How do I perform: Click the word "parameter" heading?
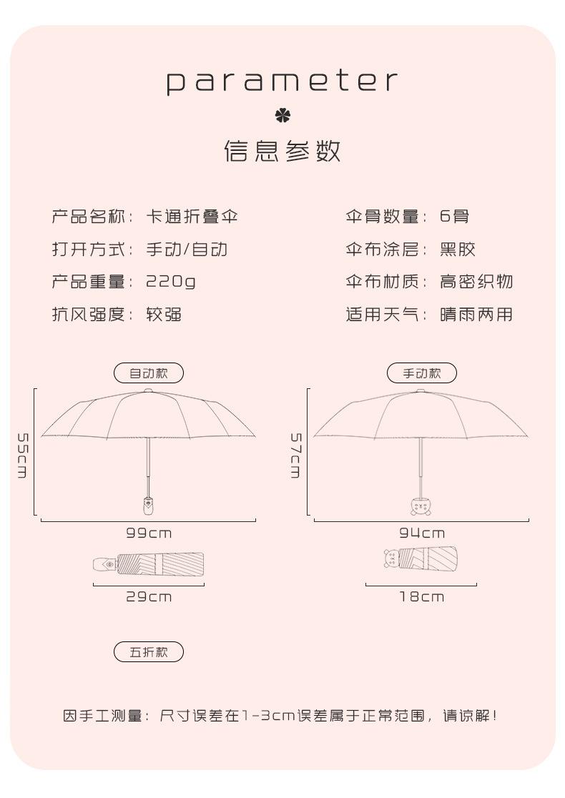(282, 82)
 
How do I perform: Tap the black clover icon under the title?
(282, 116)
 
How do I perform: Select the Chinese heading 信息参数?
(282, 152)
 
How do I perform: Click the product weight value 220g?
(171, 282)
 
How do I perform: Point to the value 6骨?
(454, 217)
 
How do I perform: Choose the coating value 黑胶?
(458, 250)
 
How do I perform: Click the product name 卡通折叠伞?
(192, 217)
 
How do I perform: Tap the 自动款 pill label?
(149, 373)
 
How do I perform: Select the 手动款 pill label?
(421, 373)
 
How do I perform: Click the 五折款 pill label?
(149, 652)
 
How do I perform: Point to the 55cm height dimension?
(22, 455)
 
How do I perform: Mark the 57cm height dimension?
(295, 455)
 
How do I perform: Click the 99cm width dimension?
(149, 533)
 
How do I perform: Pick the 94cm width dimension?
(421, 533)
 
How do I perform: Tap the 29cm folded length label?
(149, 596)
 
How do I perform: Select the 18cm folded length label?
(421, 596)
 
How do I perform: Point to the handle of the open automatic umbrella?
(148, 505)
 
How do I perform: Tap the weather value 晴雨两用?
(476, 315)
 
